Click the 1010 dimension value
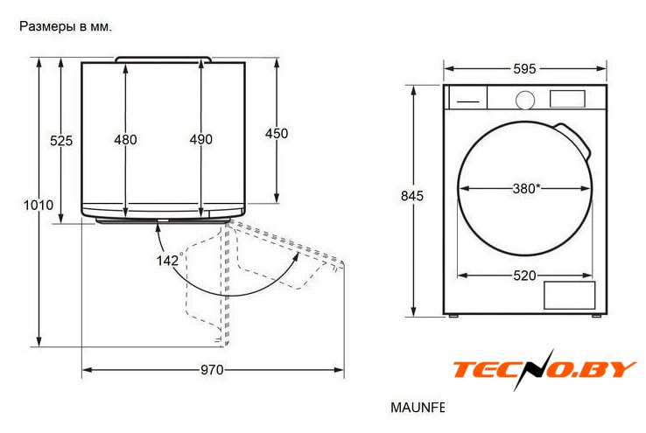pos(39,205)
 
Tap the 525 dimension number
pos(61,141)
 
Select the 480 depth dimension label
pos(126,140)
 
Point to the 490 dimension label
pos(201,140)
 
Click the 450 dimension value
pos(277,133)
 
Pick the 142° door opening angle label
pos(168,260)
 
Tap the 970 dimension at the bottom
pos(212,370)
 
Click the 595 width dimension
pos(524,69)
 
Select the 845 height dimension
pos(412,196)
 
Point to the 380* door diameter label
pos(527,189)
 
